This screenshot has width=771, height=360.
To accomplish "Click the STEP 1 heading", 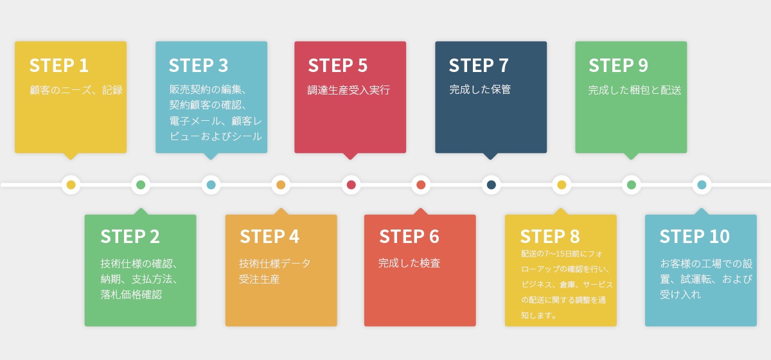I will click(x=58, y=66).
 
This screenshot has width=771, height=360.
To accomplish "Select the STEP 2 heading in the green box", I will click(x=130, y=237).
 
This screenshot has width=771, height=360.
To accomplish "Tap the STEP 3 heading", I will click(x=199, y=66).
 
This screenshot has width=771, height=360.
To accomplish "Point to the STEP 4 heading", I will click(x=269, y=237).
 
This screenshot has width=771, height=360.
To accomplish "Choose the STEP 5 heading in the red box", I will click(x=338, y=66).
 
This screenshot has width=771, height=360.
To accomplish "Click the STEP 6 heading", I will click(x=409, y=237).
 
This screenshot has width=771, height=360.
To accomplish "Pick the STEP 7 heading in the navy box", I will click(x=479, y=66).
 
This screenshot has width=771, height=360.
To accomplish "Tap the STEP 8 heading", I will click(x=550, y=237).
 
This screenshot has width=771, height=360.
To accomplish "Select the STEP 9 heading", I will click(x=618, y=66).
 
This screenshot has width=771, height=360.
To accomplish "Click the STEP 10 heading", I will click(x=695, y=237).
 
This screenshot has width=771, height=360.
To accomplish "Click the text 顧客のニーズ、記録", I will click(x=76, y=90).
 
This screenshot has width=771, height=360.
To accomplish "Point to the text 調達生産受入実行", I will click(x=349, y=90).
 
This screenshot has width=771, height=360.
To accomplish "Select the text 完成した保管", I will click(x=480, y=90).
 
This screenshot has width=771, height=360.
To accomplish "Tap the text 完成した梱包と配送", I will click(x=635, y=90).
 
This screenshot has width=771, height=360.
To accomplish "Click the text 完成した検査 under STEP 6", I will click(x=409, y=263).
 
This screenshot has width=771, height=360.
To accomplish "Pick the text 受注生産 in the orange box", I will click(x=260, y=280).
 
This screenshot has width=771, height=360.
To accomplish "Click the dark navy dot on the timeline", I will click(x=492, y=185).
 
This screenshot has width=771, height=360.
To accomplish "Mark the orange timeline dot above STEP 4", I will click(x=281, y=185).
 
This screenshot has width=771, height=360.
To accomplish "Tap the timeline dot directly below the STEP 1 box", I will click(x=71, y=185).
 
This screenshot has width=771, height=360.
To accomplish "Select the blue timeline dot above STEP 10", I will click(x=702, y=185).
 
